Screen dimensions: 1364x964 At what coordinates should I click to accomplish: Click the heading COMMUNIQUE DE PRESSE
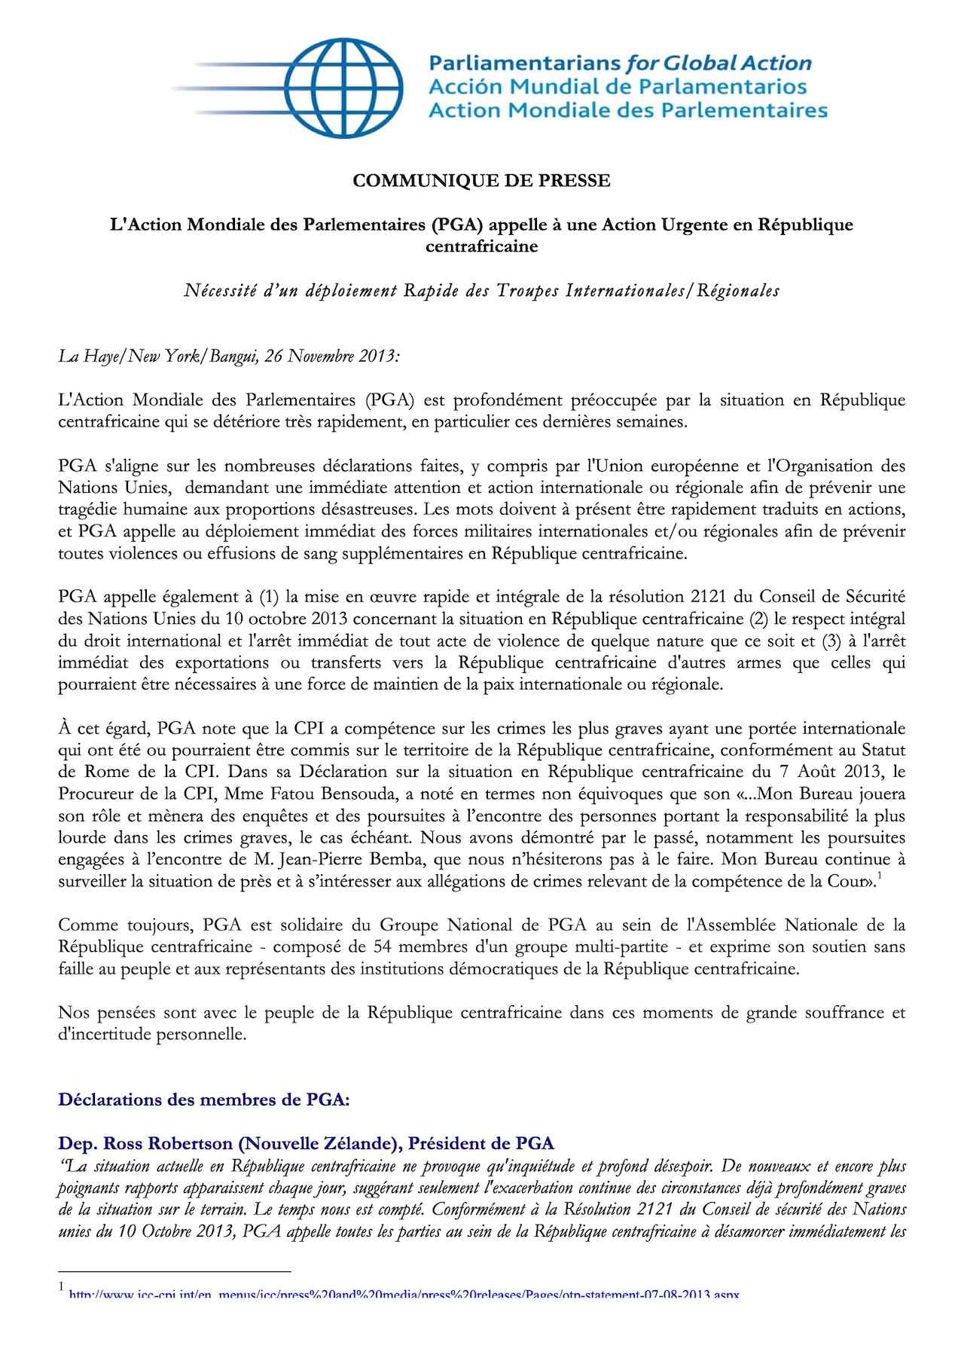(482, 181)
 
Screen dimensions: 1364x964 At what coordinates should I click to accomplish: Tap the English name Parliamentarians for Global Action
(619, 63)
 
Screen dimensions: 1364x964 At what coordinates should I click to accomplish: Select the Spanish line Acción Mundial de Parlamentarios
(617, 87)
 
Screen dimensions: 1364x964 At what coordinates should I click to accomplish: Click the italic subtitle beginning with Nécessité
(482, 291)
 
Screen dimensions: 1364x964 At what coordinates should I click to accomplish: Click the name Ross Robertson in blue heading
(159, 1144)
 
